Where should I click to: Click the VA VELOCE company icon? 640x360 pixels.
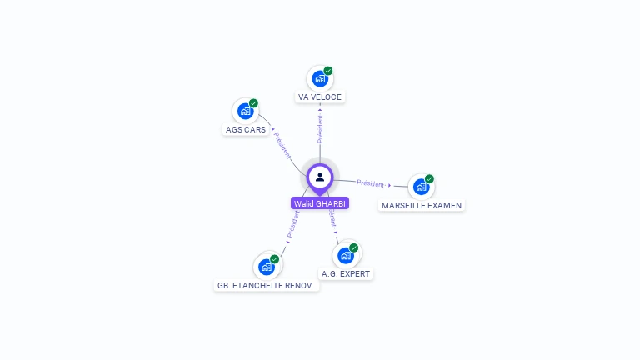pyautogui.click(x=319, y=79)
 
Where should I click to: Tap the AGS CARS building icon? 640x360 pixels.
pyautogui.click(x=245, y=111)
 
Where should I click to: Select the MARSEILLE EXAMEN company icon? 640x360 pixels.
pyautogui.click(x=421, y=187)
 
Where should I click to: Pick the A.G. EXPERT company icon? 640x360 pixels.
pyautogui.click(x=346, y=255)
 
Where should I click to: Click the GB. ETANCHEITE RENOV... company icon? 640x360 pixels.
pyautogui.click(x=267, y=267)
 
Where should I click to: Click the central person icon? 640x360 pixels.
pyautogui.click(x=320, y=177)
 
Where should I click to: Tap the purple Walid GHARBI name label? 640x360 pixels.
pyautogui.click(x=320, y=203)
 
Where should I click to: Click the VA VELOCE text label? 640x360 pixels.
pyautogui.click(x=320, y=97)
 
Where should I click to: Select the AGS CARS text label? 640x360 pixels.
pyautogui.click(x=246, y=130)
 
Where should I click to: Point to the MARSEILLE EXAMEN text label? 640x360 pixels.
pyautogui.click(x=422, y=205)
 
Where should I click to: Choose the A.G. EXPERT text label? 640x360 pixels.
pyautogui.click(x=347, y=273)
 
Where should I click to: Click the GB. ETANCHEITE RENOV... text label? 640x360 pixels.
pyautogui.click(x=267, y=285)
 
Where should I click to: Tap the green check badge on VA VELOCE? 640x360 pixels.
pyautogui.click(x=328, y=71)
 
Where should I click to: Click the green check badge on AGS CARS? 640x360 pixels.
pyautogui.click(x=253, y=103)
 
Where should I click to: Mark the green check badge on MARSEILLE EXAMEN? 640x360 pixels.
pyautogui.click(x=429, y=178)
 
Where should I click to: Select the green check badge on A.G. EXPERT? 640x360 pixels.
pyautogui.click(x=354, y=247)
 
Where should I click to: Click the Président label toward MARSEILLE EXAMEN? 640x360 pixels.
pyautogui.click(x=371, y=183)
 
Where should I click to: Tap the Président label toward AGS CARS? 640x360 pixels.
pyautogui.click(x=282, y=143)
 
